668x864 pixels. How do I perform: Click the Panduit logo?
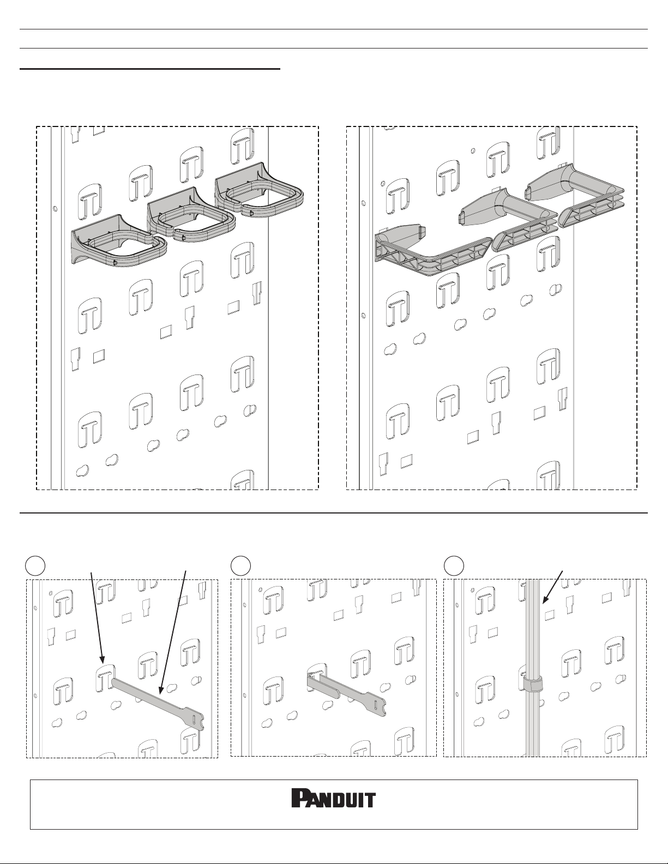pyautogui.click(x=334, y=798)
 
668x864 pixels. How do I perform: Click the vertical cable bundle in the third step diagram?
pyautogui.click(x=534, y=668)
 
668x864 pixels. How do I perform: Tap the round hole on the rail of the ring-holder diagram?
pyautogui.click(x=55, y=208)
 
